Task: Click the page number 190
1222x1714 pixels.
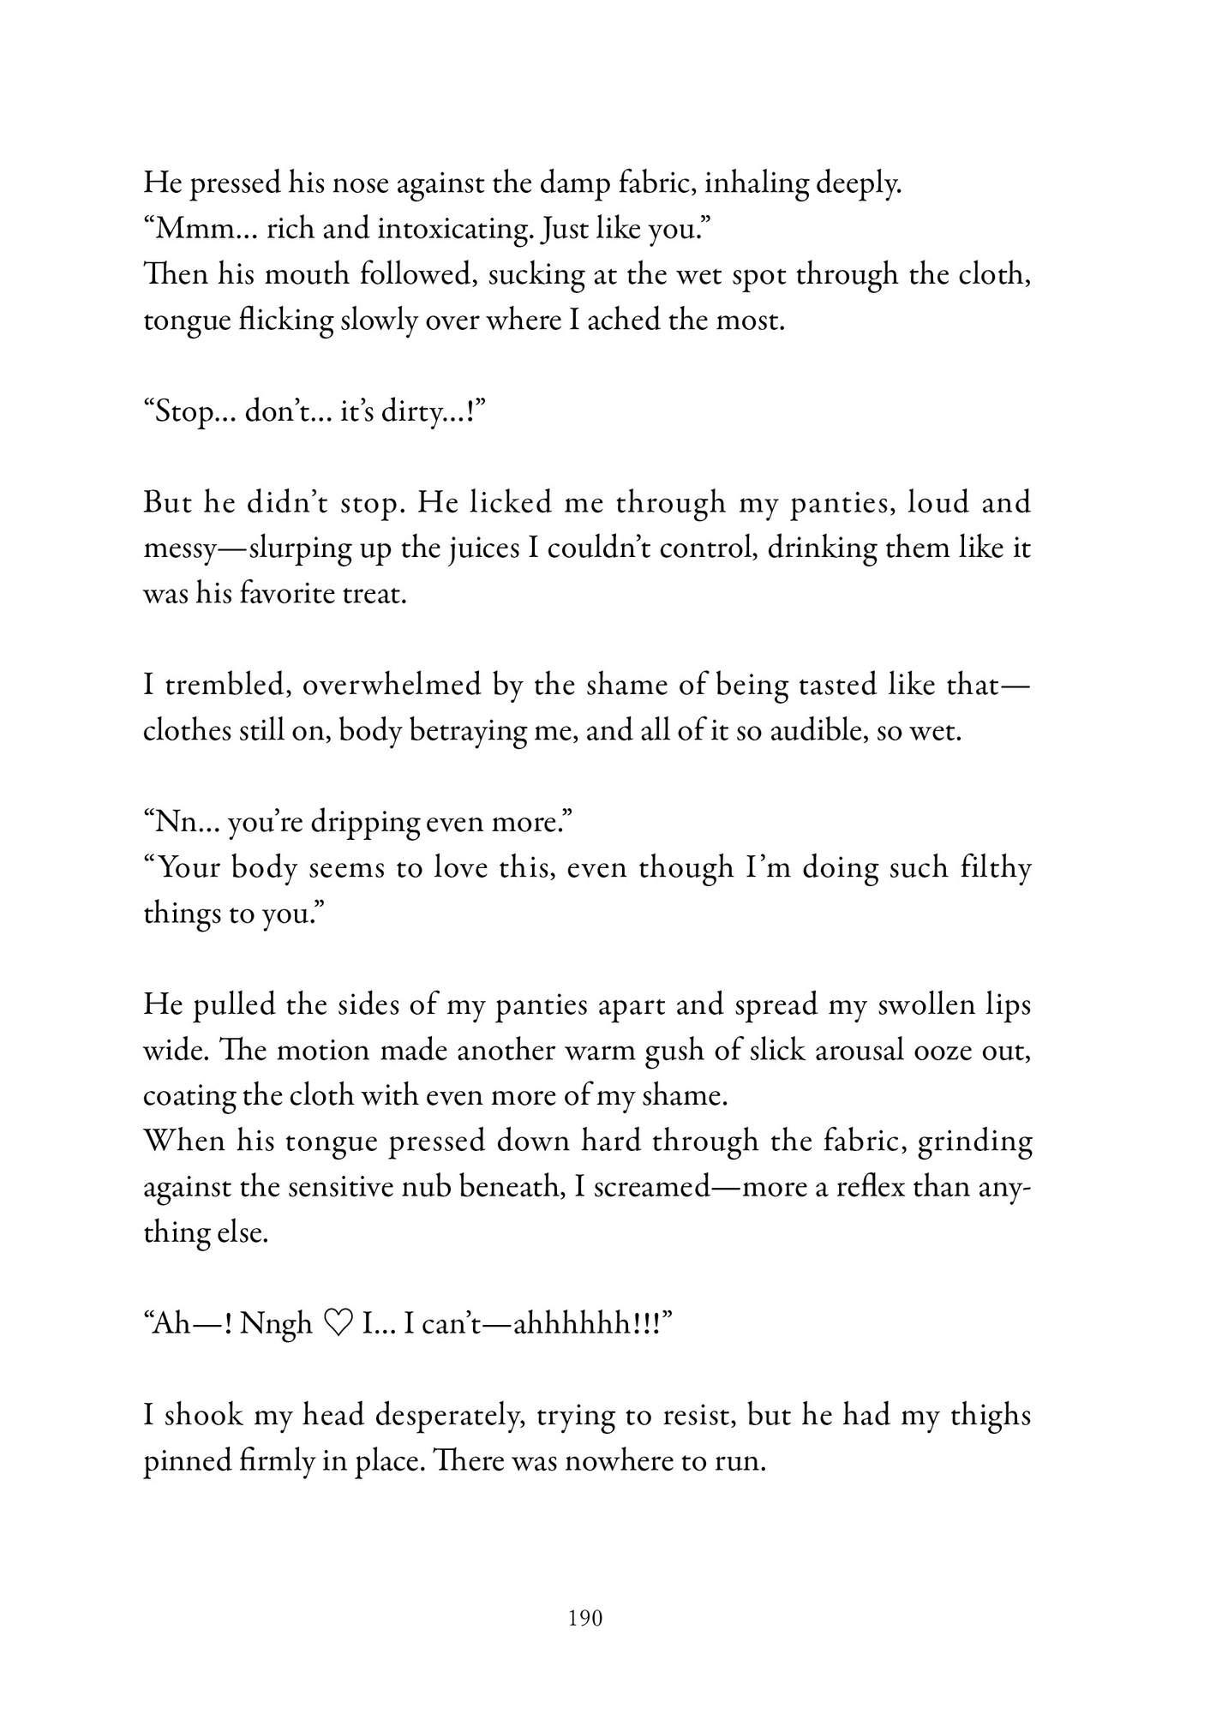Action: coord(586,1618)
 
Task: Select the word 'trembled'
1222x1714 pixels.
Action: coord(227,685)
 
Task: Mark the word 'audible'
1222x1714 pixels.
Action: coord(800,731)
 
